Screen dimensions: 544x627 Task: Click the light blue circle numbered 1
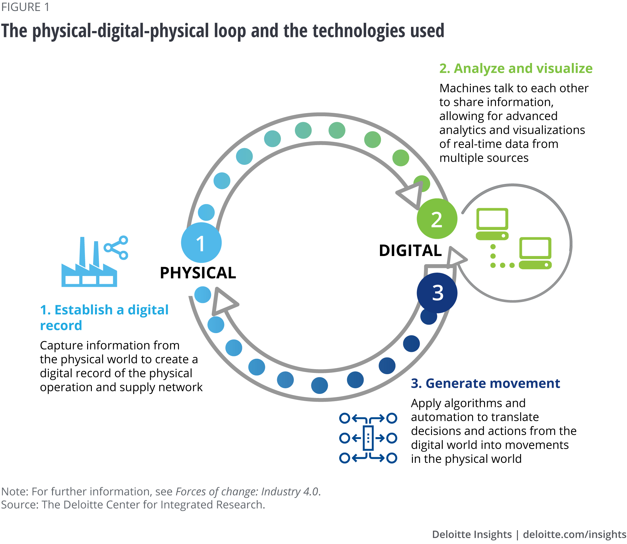point(201,243)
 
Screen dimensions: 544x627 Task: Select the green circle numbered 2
point(437,219)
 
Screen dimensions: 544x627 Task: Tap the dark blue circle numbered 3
point(437,293)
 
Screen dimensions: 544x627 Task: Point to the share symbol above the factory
point(117,248)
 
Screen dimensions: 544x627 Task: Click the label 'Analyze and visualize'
point(516,69)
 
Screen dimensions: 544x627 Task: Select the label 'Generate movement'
point(485,383)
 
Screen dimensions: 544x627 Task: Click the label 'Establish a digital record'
point(104,317)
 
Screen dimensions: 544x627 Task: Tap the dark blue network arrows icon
point(368,438)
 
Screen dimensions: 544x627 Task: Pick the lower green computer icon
point(535,253)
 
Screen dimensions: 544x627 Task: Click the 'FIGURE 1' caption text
point(25,7)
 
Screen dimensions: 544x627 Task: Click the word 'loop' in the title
point(230,31)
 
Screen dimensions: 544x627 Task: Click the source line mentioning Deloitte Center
point(133,505)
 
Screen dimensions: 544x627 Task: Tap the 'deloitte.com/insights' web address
point(574,534)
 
